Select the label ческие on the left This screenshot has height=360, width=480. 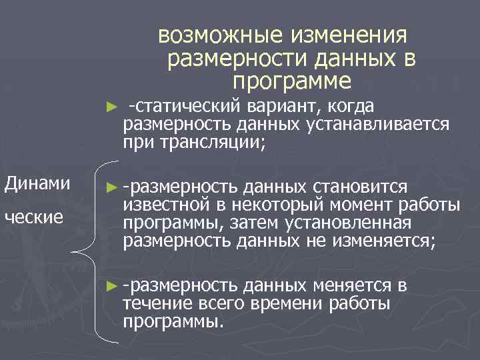pos(33,217)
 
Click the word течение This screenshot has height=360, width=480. pos(155,304)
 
